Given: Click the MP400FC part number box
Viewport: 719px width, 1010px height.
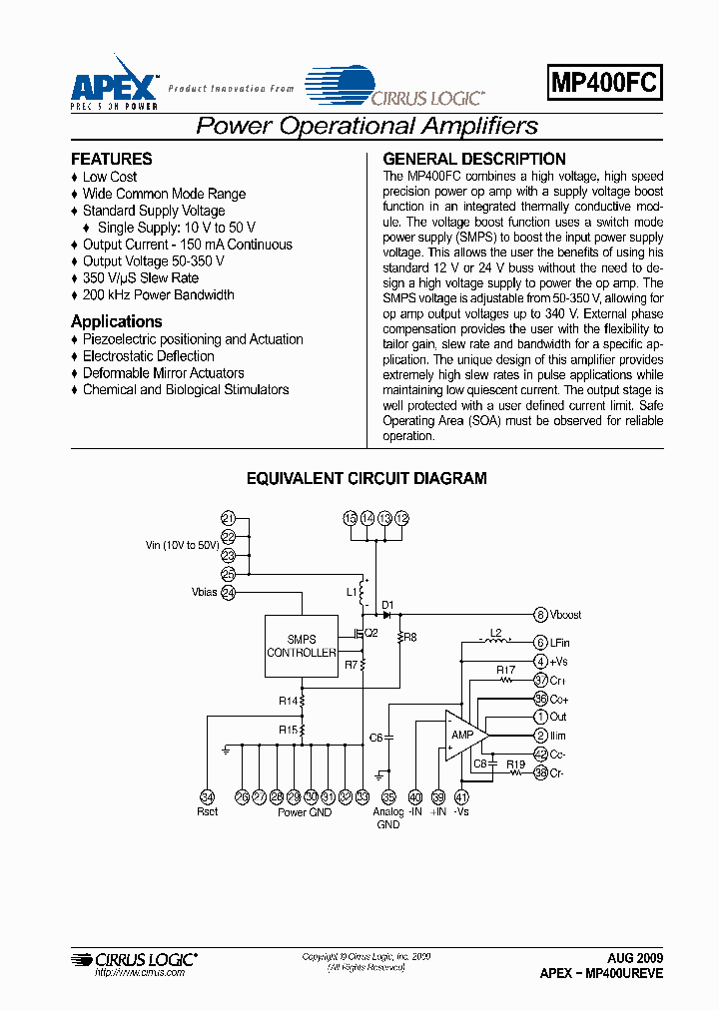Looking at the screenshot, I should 605,84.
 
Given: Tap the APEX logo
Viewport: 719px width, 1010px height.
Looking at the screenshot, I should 114,80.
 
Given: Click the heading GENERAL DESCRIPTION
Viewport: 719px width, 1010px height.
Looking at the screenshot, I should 474,159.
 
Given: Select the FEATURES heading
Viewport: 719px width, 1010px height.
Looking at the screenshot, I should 112,159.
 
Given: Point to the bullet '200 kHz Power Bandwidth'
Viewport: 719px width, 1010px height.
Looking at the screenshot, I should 158,294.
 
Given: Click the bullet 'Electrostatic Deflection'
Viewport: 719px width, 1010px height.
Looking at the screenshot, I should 148,356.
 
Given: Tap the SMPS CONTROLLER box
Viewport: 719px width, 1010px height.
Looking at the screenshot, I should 301,646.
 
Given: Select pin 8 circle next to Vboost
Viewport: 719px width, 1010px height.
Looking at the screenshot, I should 540,615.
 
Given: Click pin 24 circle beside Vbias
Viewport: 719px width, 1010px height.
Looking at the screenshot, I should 229,592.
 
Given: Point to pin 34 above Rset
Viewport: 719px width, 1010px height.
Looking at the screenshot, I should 208,796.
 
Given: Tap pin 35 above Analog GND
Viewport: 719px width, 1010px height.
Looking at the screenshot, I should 388,796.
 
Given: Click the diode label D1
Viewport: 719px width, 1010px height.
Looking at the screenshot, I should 387,605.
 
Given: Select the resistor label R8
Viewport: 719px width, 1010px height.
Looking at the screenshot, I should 411,636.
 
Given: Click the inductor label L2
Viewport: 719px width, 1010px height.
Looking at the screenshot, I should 494,633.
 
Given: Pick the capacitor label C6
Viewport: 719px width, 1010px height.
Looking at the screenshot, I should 376,738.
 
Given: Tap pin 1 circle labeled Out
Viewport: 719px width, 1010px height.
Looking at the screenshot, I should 540,717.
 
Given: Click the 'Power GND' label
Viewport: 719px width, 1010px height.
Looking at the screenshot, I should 305,812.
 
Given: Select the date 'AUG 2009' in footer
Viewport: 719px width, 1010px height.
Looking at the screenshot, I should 635,956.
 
